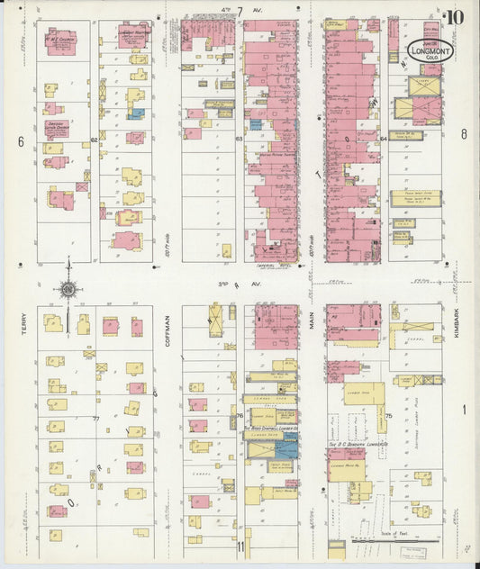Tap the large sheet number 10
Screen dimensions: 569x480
tap(455, 15)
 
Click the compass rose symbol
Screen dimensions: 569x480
tap(68, 289)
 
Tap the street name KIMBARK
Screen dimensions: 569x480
tap(457, 325)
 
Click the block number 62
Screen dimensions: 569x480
tap(94, 140)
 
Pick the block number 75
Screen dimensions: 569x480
tap(388, 416)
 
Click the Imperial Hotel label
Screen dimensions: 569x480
tap(271, 266)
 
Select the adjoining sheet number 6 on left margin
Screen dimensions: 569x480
tap(19, 141)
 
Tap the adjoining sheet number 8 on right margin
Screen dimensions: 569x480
tap(464, 135)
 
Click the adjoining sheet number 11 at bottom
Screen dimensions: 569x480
tap(240, 546)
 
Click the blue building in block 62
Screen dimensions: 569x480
tap(136, 113)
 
